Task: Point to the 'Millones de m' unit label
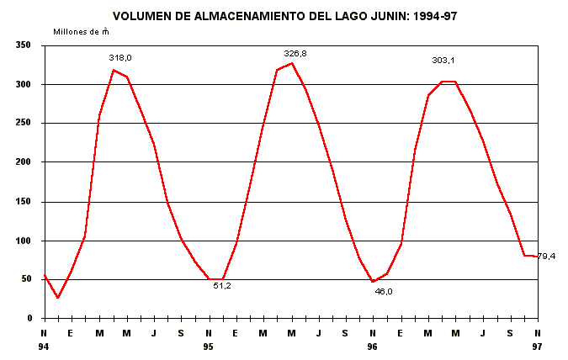click(x=81, y=31)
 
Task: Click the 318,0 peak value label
click(x=120, y=57)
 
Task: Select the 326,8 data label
click(x=295, y=53)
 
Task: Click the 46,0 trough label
click(x=384, y=291)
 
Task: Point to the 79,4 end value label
click(x=546, y=256)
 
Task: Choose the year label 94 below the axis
click(x=45, y=346)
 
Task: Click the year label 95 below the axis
click(x=209, y=346)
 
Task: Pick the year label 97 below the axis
click(x=537, y=346)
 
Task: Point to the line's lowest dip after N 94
click(x=58, y=297)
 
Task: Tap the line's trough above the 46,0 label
click(x=373, y=281)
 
